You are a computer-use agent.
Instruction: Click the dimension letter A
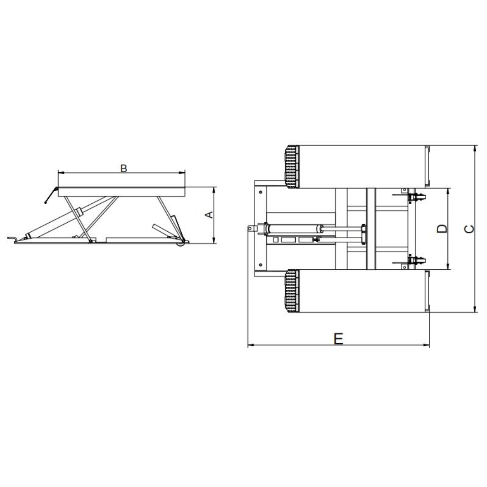click(209, 215)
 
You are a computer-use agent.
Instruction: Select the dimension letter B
click(124, 168)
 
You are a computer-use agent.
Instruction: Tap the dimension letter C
click(469, 229)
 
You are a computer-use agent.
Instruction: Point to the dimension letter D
click(443, 229)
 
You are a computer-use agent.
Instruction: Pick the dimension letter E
click(339, 338)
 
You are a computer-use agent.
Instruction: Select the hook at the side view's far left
click(13, 237)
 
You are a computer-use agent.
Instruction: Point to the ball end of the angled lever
click(46, 203)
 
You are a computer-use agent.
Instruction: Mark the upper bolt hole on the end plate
click(261, 193)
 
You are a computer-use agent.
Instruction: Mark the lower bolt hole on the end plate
click(261, 265)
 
